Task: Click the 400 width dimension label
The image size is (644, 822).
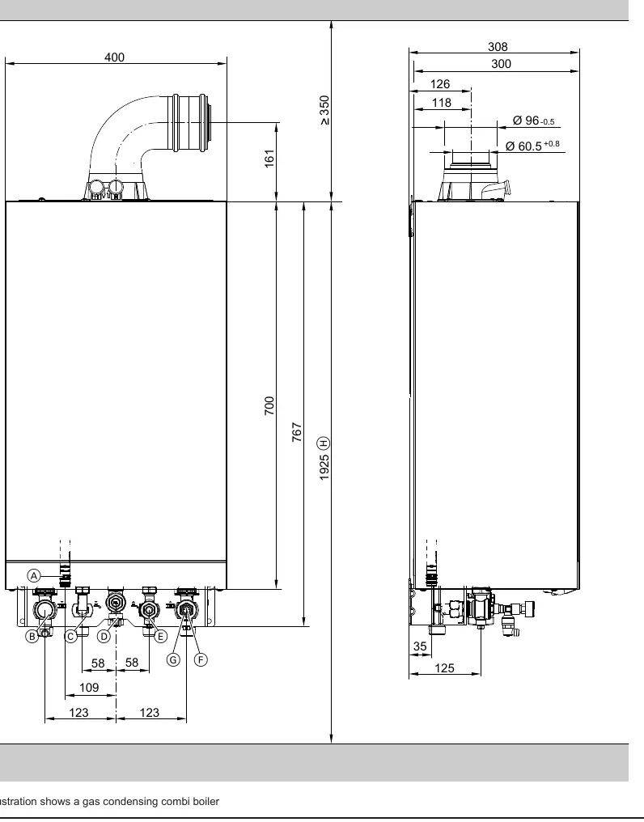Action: tap(114, 57)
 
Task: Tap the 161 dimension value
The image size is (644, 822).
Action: tap(269, 159)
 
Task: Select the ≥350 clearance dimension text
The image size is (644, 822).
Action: tap(324, 110)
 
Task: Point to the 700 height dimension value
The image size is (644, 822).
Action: tap(269, 406)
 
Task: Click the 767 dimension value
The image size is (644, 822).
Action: tap(297, 432)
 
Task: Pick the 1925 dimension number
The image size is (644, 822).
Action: tap(324, 467)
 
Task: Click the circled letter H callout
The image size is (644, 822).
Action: tap(324, 443)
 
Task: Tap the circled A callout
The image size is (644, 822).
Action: tap(34, 575)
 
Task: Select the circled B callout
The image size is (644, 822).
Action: tap(32, 637)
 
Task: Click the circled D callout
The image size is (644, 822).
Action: tap(104, 637)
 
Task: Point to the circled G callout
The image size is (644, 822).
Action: tap(174, 659)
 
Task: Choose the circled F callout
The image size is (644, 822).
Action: tap(201, 659)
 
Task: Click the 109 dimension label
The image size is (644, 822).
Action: tap(89, 687)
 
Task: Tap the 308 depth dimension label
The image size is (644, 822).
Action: tap(498, 47)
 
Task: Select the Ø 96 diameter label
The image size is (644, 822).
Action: tap(533, 121)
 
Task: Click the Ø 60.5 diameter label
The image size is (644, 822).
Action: tap(532, 145)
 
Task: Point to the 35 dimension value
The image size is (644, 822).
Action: tap(420, 646)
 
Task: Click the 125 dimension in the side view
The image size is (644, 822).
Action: tap(444, 668)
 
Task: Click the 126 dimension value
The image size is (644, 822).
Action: tap(440, 84)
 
